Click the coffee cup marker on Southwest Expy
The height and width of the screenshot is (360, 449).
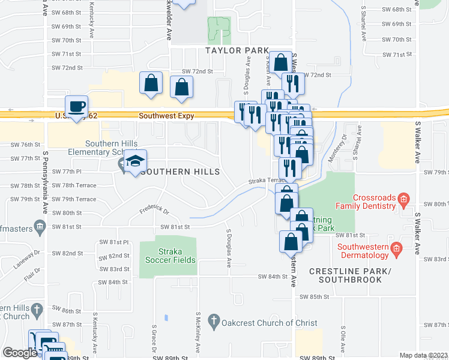coord(76,107)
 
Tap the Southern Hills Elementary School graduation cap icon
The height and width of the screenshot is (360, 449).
coord(135,161)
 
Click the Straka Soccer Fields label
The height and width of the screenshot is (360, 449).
coord(168,256)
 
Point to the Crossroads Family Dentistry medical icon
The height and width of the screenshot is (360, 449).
coord(404,199)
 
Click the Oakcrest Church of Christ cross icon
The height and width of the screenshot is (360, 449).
coord(214,323)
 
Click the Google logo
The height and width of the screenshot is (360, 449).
coord(20,353)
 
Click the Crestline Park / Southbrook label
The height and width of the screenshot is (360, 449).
coord(350,276)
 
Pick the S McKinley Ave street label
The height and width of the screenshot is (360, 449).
coord(197,331)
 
